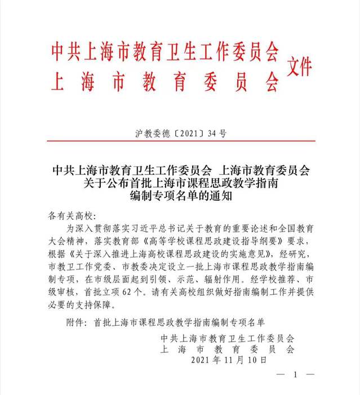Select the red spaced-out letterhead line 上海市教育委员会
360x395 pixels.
[x=165, y=82]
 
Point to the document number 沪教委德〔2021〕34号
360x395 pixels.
[x=180, y=134]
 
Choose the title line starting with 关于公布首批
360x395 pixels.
[x=180, y=183]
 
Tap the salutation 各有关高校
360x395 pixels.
[x=73, y=216]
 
